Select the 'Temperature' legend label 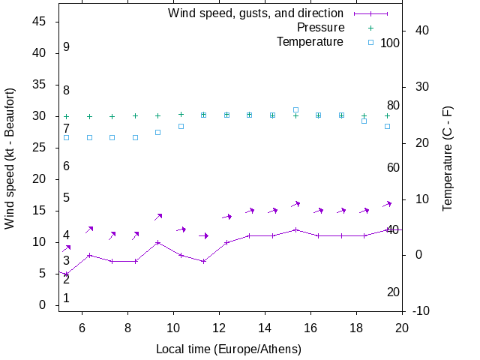pos(310,41)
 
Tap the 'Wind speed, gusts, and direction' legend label pos(256,13)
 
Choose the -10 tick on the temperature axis pos(421,310)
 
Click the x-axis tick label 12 pos(219,327)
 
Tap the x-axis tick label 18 pos(357,327)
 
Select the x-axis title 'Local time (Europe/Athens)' pos(228,349)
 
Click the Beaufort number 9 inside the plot pos(67,47)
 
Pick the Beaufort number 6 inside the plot pos(67,166)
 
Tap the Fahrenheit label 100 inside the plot pos(390,43)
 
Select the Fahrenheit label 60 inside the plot pos(393,167)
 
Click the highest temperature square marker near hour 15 pos(295,109)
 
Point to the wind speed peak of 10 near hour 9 pos(157,242)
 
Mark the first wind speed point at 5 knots pos(66,274)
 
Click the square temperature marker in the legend pos(370,42)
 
